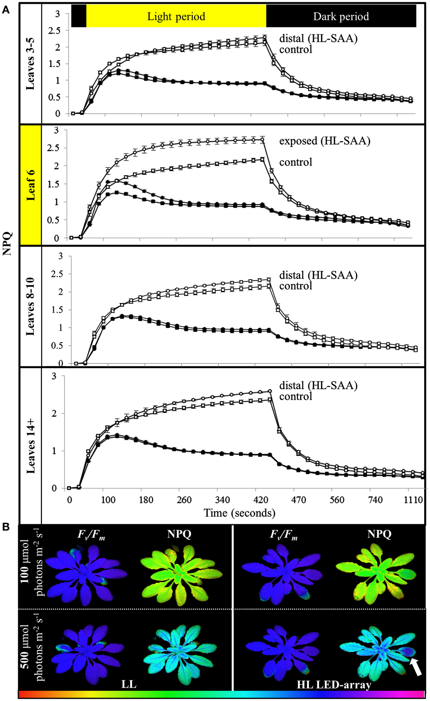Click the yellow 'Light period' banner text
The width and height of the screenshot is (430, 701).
(x=176, y=17)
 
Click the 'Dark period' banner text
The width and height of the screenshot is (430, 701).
(x=341, y=17)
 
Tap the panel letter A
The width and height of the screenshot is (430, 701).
(x=6, y=10)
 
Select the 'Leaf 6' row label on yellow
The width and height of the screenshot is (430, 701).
(x=31, y=185)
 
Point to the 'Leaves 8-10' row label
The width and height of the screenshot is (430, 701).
(x=31, y=306)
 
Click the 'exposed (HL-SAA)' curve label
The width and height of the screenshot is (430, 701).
(x=325, y=141)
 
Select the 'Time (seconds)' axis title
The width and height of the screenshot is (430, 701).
(x=239, y=512)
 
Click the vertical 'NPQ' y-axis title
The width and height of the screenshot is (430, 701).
(x=8, y=244)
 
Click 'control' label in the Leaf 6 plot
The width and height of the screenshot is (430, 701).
(x=296, y=162)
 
